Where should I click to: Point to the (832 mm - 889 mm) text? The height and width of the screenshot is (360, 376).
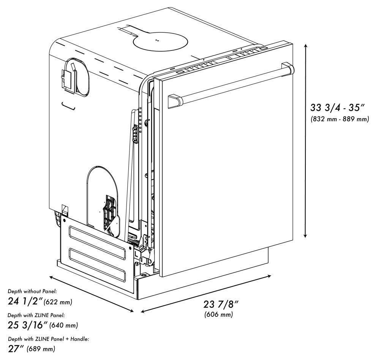pos(340,119)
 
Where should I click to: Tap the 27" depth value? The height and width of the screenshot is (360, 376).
pos(16,348)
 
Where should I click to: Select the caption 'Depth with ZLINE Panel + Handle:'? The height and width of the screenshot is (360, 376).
pos(49,339)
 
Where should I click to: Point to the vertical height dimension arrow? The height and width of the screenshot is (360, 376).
pos(306,141)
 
